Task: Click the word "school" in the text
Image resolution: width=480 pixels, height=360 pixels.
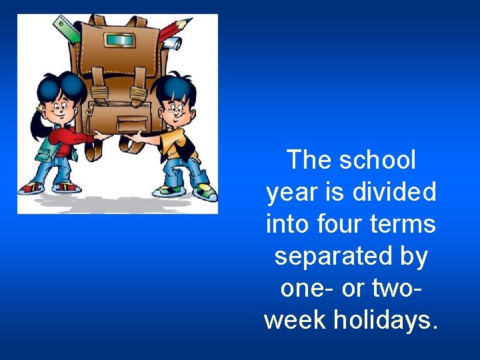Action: coord(377,159)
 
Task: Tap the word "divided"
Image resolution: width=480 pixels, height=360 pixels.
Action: coord(394,191)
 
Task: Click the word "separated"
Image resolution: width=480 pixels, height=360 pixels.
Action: coord(333,257)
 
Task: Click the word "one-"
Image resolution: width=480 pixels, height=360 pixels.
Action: coord(302,289)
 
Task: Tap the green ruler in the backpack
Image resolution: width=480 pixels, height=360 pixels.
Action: coord(67,29)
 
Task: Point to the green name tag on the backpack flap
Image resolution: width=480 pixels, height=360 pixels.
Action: coord(119,40)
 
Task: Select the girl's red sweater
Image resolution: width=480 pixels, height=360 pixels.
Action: coord(71,139)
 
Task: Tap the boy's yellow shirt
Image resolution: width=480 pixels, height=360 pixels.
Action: coord(175,144)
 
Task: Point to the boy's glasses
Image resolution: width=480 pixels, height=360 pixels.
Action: coord(177,108)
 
